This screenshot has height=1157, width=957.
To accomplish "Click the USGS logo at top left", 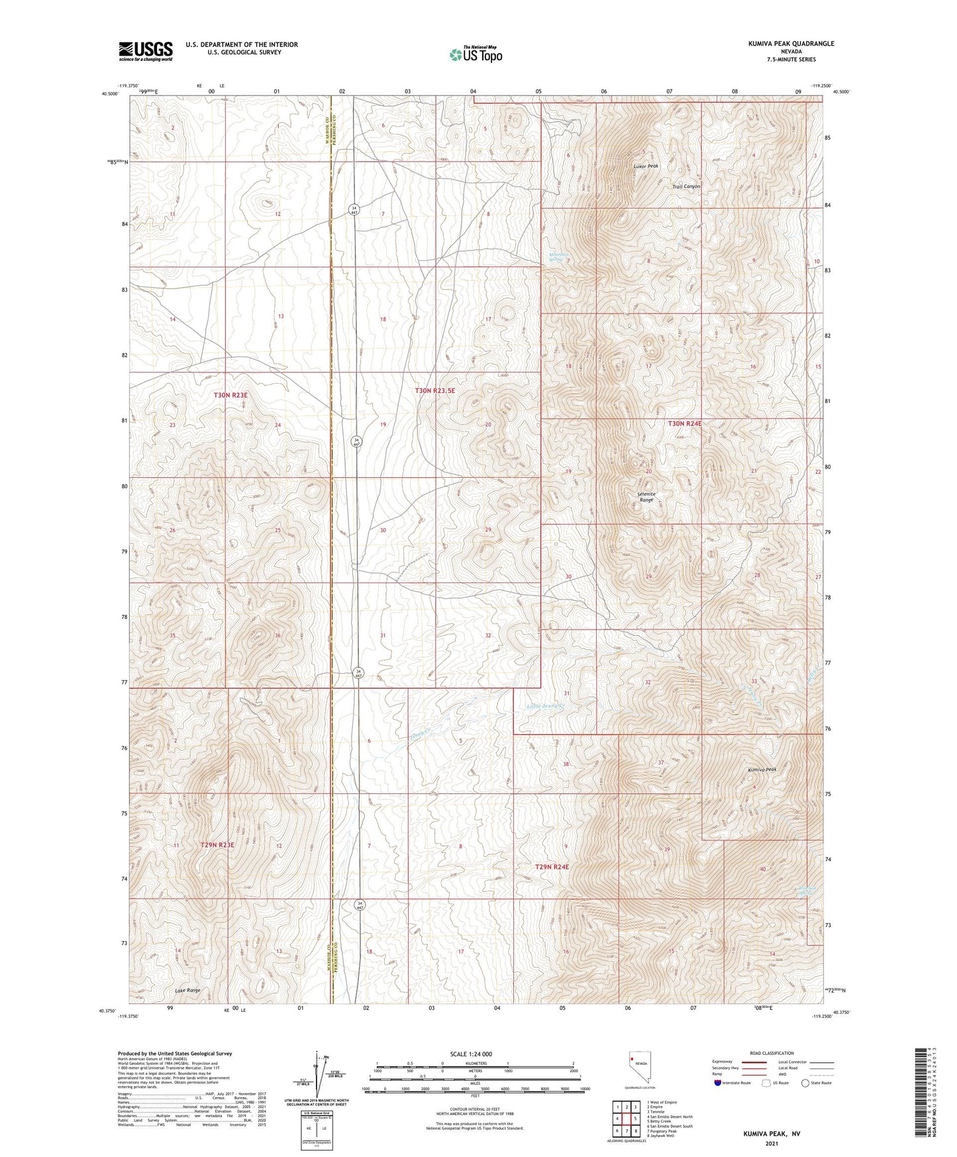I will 146,51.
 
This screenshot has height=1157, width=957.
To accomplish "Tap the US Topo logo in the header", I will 476,54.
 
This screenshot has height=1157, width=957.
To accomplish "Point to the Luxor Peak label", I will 646,166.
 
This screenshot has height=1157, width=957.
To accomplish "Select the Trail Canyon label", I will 686,187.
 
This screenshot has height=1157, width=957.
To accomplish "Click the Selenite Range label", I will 646,497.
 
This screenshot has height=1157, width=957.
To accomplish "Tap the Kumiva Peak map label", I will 762,770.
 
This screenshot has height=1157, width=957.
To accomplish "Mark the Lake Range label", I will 187,990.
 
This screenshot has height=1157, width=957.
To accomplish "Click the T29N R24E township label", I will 552,867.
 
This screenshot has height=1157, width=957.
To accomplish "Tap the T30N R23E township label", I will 230,395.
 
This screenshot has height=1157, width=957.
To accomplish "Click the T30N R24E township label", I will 684,423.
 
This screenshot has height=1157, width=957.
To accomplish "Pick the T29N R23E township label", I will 217,845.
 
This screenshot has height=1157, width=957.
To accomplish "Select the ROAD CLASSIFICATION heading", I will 772,1053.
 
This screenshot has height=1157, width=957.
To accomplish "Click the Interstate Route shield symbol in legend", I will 718,1083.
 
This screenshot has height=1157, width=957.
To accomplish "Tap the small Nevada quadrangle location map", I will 640,1068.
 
